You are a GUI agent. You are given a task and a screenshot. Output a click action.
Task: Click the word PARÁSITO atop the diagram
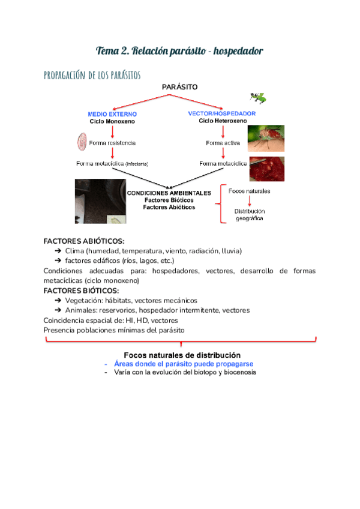pyautogui.click(x=179, y=87)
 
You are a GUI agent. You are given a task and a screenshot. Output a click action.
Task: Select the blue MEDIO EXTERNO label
pyautogui.click(x=112, y=114)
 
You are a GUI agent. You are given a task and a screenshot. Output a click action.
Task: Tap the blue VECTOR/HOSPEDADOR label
pyautogui.click(x=222, y=113)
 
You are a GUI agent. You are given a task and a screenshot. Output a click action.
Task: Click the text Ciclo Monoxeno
pyautogui.click(x=112, y=121)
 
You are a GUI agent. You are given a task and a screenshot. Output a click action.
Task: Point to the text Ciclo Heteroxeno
pyautogui.click(x=223, y=121)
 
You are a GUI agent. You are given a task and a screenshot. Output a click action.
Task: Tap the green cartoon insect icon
pyautogui.click(x=259, y=97)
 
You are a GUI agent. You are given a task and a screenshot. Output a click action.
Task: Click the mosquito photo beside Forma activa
pyautogui.click(x=266, y=138)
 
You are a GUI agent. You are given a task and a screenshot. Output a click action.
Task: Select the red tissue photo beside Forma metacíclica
pyautogui.click(x=266, y=168)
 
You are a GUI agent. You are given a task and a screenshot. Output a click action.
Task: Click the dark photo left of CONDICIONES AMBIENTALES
pyautogui.click(x=100, y=201)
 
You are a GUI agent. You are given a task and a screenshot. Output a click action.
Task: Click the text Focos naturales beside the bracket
pyautogui.click(x=250, y=191)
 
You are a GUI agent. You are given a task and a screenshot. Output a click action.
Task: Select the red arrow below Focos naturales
pyautogui.click(x=250, y=202)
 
